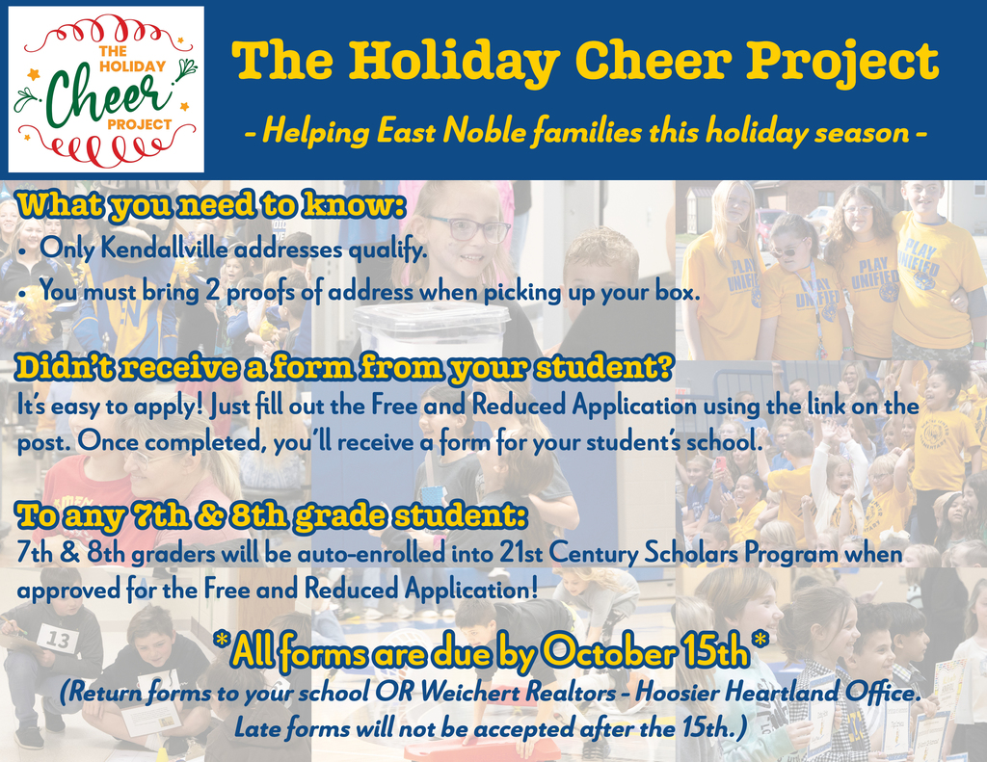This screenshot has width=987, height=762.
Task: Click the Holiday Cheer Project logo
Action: (x=106, y=90)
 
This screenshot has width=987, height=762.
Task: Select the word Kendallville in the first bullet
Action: (x=166, y=250)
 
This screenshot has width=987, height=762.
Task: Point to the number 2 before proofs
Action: (x=213, y=292)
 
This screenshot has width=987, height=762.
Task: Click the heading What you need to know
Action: (x=211, y=206)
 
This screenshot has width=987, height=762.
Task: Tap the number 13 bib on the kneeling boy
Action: (x=58, y=640)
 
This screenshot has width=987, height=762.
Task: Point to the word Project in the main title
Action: (x=842, y=63)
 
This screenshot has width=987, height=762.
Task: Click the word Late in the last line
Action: (x=257, y=728)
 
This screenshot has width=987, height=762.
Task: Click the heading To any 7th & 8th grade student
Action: (x=272, y=516)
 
